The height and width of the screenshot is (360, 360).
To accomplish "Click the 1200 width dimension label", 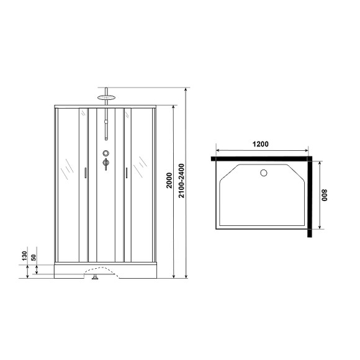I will point(261,144).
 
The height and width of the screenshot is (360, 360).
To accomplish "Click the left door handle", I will point(84,173).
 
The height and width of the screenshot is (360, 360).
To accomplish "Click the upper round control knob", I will point(106,153).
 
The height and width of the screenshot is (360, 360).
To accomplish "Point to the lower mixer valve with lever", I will point(106,163).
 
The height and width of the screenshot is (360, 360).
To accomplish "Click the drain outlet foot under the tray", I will point(95,277).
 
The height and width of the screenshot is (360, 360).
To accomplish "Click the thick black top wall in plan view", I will point(261,159).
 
